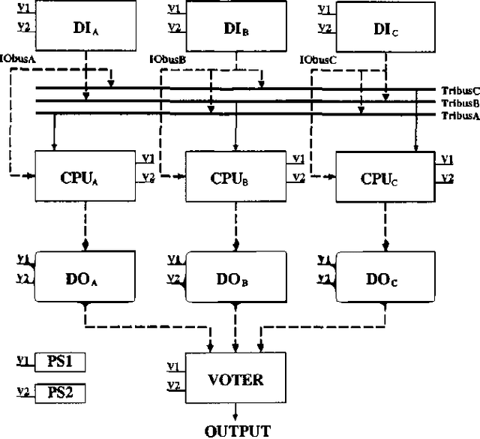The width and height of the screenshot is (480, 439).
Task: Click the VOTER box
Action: pyautogui.click(x=236, y=378)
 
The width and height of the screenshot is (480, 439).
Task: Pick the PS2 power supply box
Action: pyautogui.click(x=61, y=392)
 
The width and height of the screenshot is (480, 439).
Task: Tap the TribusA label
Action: pyautogui.click(x=460, y=116)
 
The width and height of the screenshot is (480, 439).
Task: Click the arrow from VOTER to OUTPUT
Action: pyautogui.click(x=236, y=412)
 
